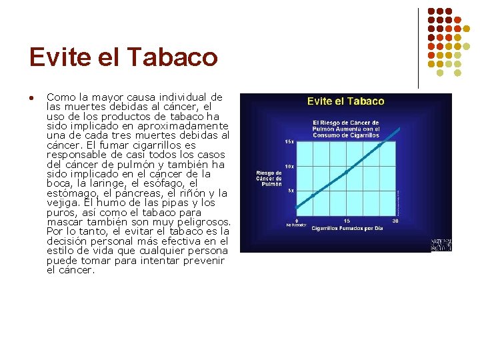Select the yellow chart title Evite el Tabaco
(x=345, y=101)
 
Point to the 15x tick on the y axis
(x=289, y=141)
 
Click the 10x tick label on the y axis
(x=289, y=166)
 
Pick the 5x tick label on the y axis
(x=291, y=191)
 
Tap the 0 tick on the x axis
(x=297, y=221)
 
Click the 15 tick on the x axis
(x=347, y=221)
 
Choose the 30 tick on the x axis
(x=395, y=221)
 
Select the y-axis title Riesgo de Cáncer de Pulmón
(x=269, y=178)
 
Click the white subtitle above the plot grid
(x=346, y=129)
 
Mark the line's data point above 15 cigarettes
(x=347, y=171)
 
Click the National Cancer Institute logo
(x=441, y=244)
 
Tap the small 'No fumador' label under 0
(x=297, y=225)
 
